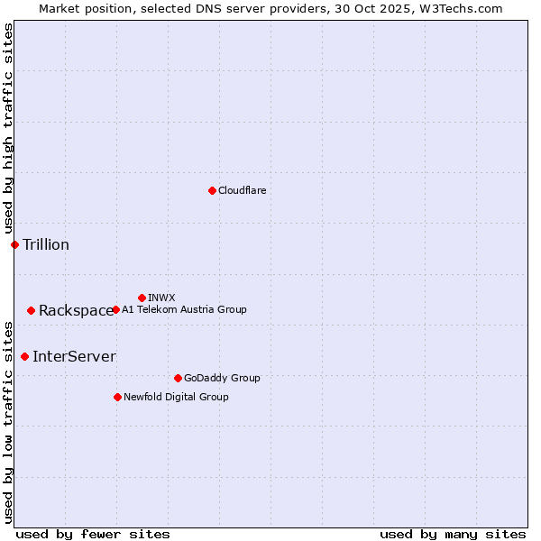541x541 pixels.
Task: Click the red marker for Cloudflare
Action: click(212, 190)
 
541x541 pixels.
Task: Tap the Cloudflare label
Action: click(242, 190)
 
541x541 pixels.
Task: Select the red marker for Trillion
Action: click(14, 244)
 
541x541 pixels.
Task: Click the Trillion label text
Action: click(46, 244)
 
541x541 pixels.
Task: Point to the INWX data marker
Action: click(142, 298)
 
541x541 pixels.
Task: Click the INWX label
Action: click(161, 298)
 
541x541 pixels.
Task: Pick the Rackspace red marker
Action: click(31, 310)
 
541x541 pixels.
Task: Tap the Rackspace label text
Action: click(76, 311)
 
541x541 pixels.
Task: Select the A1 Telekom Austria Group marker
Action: click(115, 309)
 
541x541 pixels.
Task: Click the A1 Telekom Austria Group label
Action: click(184, 309)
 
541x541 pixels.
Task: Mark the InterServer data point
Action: click(24, 356)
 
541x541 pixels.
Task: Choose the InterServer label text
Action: click(74, 356)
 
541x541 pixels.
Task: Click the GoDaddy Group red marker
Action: click(178, 378)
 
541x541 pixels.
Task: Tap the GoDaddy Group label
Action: click(222, 378)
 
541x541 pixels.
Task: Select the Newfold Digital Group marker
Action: click(117, 397)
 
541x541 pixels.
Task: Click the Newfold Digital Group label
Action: click(176, 397)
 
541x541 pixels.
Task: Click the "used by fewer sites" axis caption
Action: click(93, 534)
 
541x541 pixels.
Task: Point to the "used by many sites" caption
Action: click(453, 534)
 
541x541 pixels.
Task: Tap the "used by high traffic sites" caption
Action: click(8, 129)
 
